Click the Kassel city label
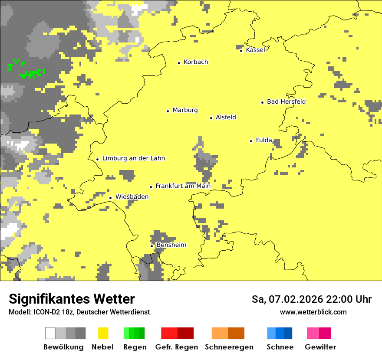click(x=255, y=50)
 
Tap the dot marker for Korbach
click(x=179, y=63)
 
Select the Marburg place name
click(x=185, y=110)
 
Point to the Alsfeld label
click(x=226, y=117)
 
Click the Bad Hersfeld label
click(x=286, y=102)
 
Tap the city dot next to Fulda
click(x=251, y=141)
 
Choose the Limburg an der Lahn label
click(x=133, y=158)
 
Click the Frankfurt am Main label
click(x=183, y=186)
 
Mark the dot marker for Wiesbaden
click(x=110, y=198)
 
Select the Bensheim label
click(x=171, y=245)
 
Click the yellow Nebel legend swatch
click(x=103, y=333)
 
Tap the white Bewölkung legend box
click(x=50, y=333)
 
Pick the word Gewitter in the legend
click(x=320, y=347)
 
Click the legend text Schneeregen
click(x=229, y=347)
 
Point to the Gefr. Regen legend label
click(x=177, y=347)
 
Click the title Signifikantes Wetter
click(x=72, y=299)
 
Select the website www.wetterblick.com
click(x=313, y=312)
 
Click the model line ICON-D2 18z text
click(x=52, y=312)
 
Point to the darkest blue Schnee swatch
click(x=288, y=333)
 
